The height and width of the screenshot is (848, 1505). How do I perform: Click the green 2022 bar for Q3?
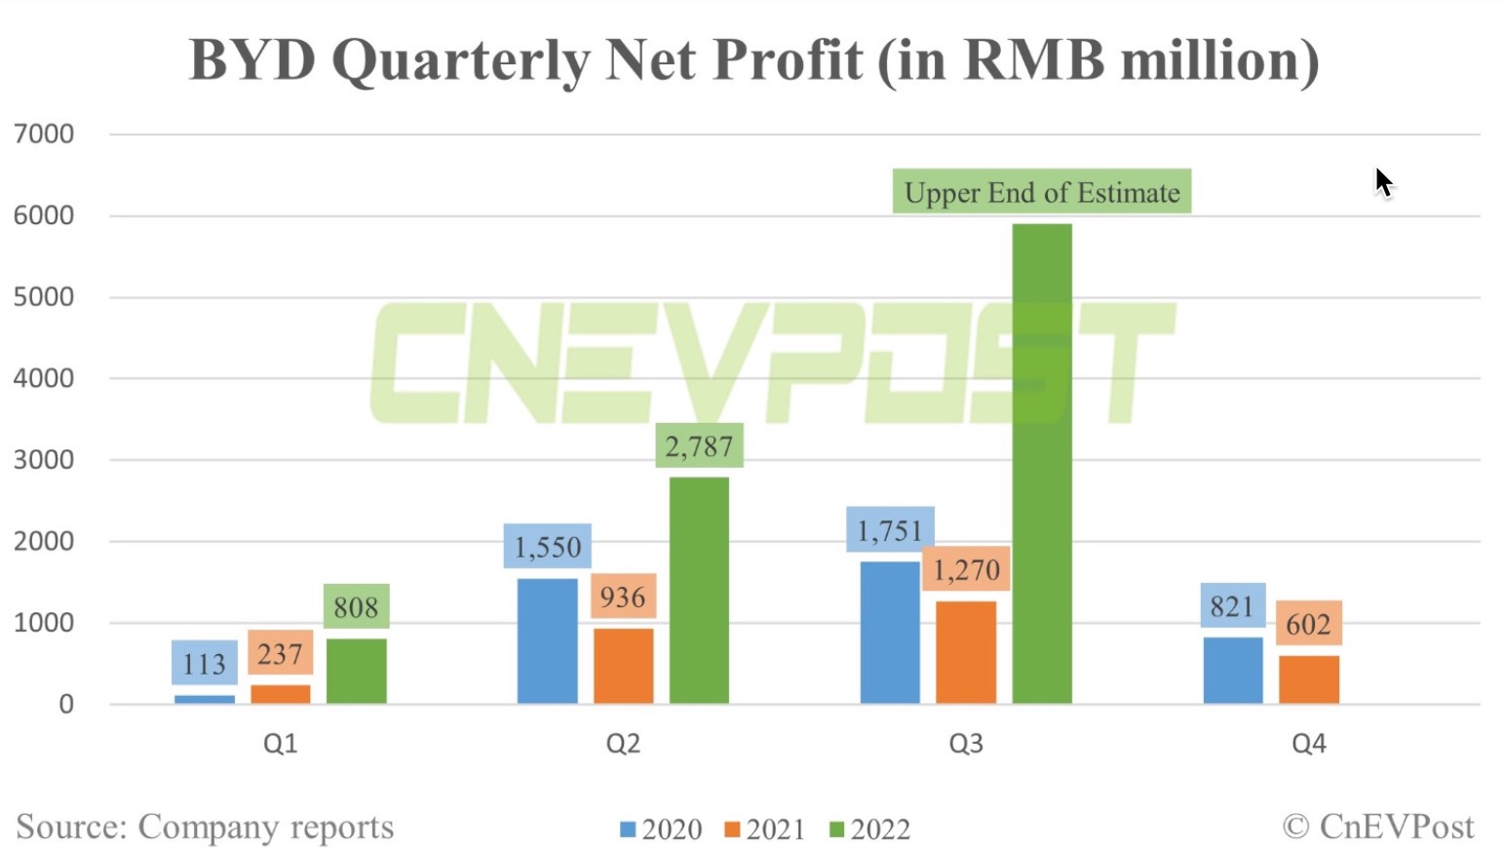(x=1042, y=463)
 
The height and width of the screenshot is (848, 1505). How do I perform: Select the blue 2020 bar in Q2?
(x=547, y=640)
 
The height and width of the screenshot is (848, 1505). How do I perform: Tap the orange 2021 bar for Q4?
(x=1308, y=679)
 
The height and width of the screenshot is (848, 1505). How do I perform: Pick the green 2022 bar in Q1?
(x=356, y=671)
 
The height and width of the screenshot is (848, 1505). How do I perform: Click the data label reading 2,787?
(x=699, y=446)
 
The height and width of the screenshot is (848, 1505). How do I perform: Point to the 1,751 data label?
(x=890, y=531)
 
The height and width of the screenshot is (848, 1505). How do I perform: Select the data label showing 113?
(x=204, y=664)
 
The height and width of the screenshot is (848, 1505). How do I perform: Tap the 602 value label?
(x=1308, y=624)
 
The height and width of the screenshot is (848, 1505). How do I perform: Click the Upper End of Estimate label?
(x=1042, y=192)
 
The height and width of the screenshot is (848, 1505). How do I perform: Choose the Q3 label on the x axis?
(x=965, y=744)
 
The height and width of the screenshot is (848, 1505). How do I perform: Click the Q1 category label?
(x=280, y=744)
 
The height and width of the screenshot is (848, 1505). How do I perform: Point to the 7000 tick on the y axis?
(x=44, y=134)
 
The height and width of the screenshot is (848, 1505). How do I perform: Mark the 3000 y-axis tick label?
(x=44, y=459)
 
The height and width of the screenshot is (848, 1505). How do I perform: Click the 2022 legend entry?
(x=869, y=829)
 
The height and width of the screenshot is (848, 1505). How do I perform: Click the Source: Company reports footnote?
(x=205, y=827)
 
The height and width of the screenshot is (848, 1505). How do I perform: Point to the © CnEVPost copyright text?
(x=1378, y=827)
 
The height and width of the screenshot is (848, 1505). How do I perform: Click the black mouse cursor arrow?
(x=1383, y=181)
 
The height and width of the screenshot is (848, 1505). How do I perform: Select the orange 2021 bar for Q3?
(x=966, y=651)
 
